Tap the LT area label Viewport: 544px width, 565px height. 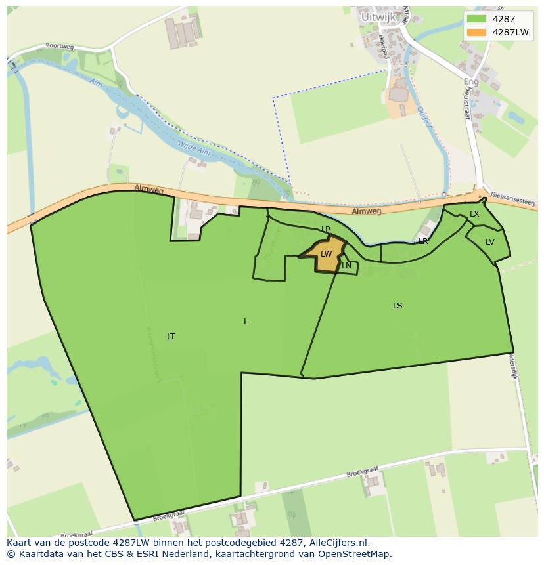tap(171, 337)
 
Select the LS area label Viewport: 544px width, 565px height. tap(397, 306)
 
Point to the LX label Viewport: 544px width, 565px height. tap(474, 214)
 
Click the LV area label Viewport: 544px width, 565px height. tap(490, 242)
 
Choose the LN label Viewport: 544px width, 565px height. tap(346, 266)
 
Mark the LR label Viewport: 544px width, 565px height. tap(424, 241)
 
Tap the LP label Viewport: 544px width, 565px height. tap(325, 229)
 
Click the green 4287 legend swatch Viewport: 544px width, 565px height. tap(477, 19)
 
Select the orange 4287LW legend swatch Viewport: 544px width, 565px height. tap(477, 32)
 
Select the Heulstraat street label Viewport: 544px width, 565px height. tap(468, 105)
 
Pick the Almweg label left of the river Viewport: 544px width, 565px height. tap(148, 189)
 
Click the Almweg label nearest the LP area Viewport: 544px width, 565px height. tap(366, 211)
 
